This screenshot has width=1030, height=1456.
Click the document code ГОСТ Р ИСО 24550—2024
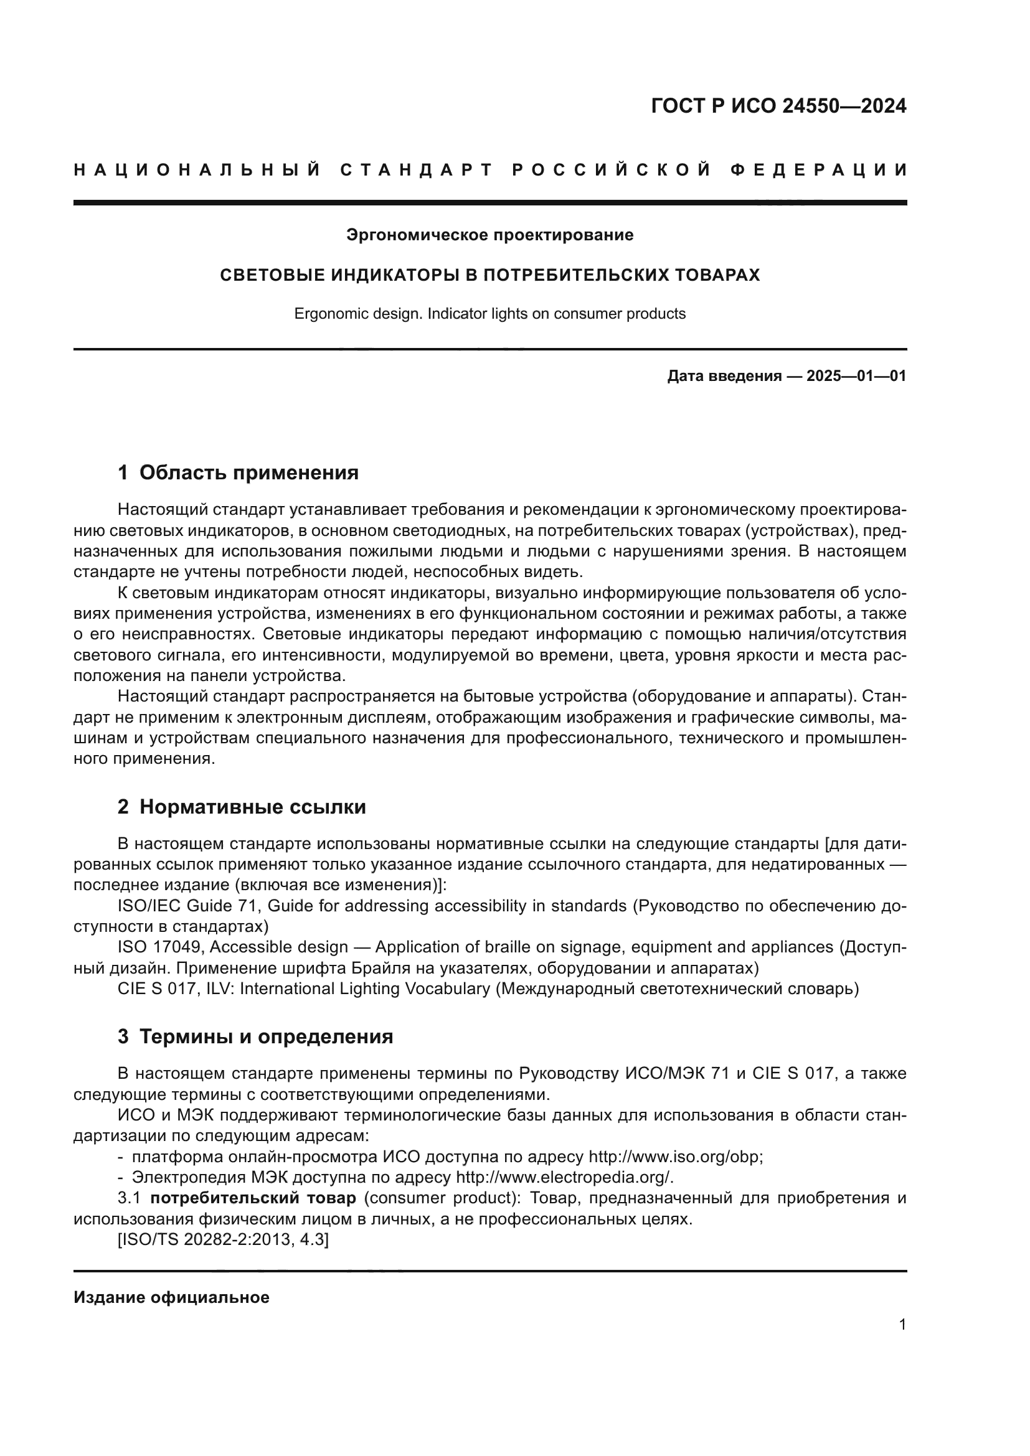click(x=778, y=106)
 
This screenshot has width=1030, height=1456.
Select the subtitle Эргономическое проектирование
click(x=489, y=235)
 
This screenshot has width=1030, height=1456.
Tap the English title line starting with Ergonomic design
click(x=489, y=314)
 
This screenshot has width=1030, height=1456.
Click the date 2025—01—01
click(x=856, y=376)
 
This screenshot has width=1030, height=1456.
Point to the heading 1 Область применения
click(x=238, y=472)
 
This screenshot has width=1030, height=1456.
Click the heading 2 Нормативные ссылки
click(x=242, y=807)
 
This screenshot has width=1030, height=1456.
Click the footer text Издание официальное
click(x=171, y=1297)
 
